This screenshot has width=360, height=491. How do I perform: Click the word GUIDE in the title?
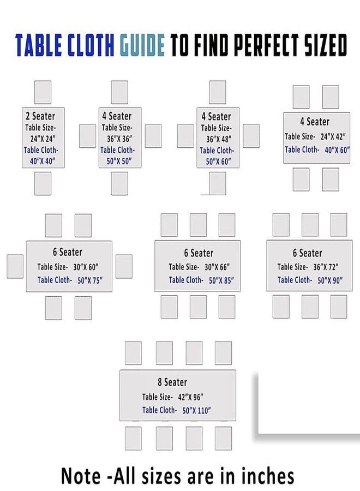click(x=142, y=45)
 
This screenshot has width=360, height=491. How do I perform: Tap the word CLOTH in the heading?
click(x=91, y=45)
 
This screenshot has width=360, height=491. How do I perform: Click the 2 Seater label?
click(x=40, y=116)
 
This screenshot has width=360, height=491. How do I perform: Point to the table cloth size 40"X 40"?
click(x=43, y=161)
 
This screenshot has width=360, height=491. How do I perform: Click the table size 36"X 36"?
click(x=119, y=139)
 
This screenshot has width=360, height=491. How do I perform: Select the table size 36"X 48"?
click(x=219, y=139)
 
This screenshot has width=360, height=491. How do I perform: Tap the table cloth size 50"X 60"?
click(x=219, y=161)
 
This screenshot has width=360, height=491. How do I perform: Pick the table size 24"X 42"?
click(x=333, y=136)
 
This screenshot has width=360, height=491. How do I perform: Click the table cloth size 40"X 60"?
click(x=337, y=151)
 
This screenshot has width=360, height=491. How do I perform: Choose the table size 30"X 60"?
click(x=86, y=267)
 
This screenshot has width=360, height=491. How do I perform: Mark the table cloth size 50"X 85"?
click(x=221, y=280)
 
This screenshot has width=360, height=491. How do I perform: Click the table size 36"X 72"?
click(x=326, y=267)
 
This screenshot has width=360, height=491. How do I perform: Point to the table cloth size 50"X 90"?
click(x=330, y=280)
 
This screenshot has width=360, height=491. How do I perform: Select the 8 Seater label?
click(x=172, y=382)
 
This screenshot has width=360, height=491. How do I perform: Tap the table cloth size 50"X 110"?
click(x=196, y=410)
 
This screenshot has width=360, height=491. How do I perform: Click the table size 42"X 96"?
click(x=191, y=397)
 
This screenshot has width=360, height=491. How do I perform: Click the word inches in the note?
click(x=268, y=476)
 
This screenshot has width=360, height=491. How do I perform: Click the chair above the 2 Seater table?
click(x=43, y=92)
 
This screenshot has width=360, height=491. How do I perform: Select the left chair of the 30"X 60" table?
click(x=15, y=266)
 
